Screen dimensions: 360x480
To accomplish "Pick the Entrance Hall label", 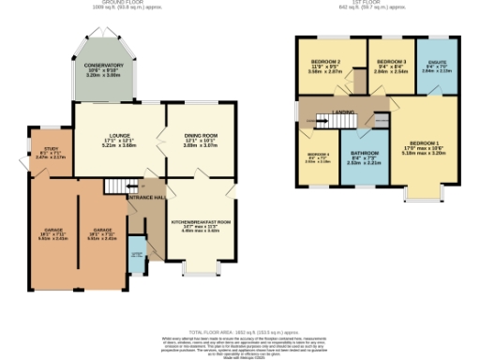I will coord(146,199).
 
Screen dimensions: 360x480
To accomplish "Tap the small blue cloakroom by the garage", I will coord(137,253).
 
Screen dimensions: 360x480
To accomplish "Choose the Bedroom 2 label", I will coord(325,66).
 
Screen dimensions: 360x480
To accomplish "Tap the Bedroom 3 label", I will coord(389,66).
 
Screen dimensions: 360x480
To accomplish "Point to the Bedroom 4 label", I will coord(319,157).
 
